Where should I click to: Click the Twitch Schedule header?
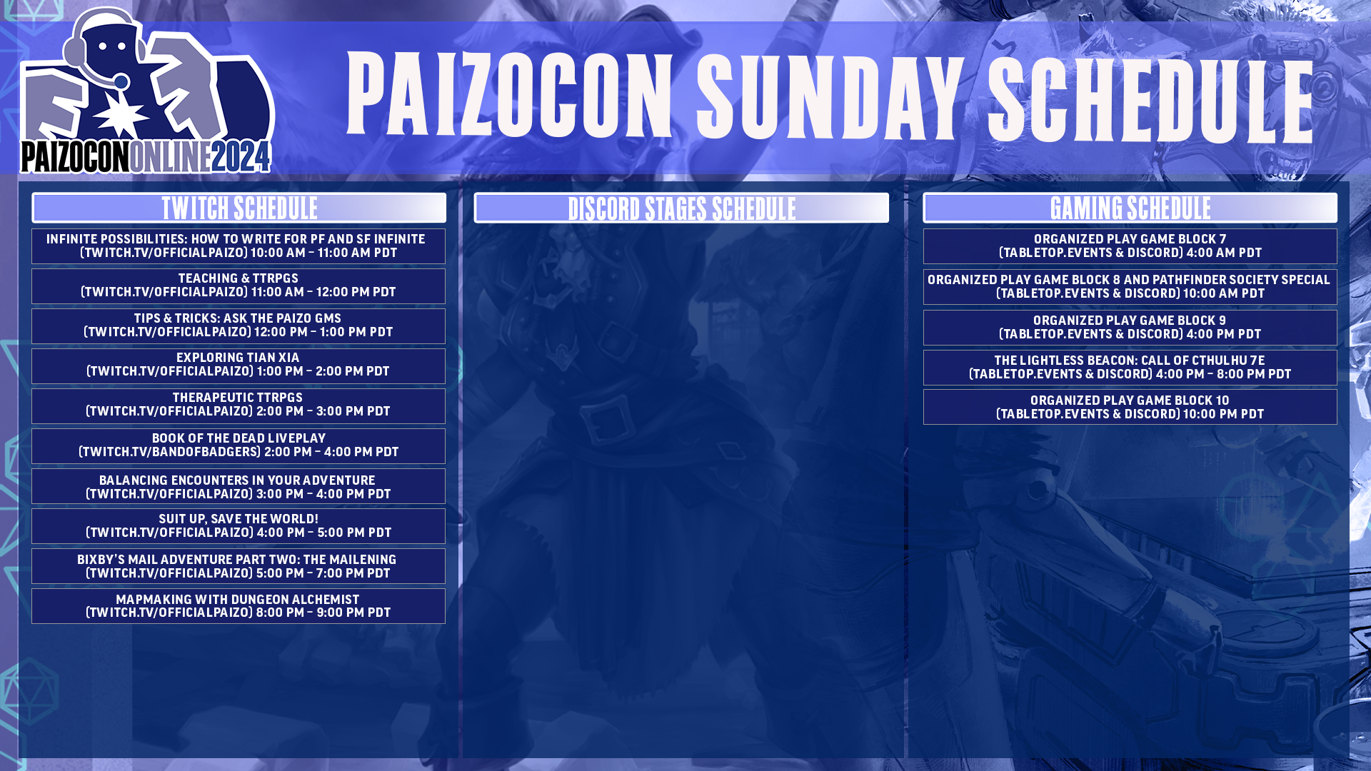[238, 208]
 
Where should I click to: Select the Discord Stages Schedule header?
[681, 208]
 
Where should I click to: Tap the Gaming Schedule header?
[1130, 208]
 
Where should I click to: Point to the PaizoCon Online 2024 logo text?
[146, 157]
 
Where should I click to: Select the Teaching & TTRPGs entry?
[238, 286]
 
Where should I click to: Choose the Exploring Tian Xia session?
[238, 365]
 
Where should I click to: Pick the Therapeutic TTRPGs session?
[238, 405]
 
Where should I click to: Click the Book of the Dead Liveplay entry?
[238, 445]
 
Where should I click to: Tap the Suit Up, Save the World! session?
[238, 526]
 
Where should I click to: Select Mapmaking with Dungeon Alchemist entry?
[238, 606]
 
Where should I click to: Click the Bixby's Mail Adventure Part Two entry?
[238, 566]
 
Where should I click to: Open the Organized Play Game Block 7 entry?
[1130, 246]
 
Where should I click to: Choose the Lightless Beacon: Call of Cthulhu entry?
[1130, 368]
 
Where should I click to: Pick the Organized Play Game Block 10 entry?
[1130, 407]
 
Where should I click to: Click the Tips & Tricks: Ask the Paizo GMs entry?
[238, 326]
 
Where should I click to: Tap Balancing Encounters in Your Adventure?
[238, 487]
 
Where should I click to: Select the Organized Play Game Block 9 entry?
[1130, 328]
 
